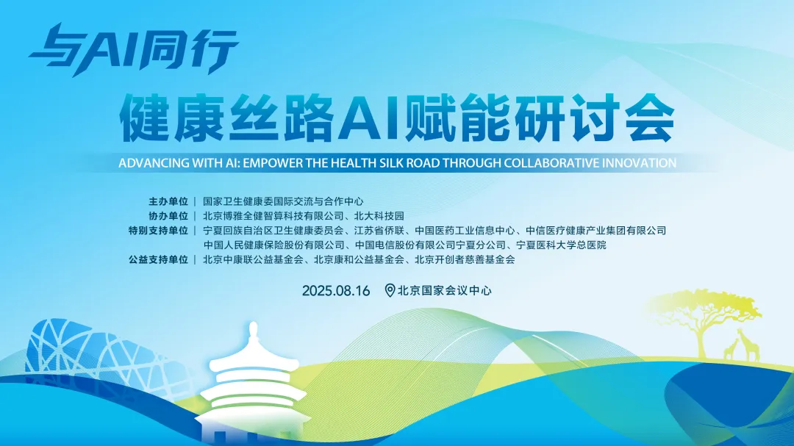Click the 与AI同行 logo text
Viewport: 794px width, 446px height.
[x=134, y=49]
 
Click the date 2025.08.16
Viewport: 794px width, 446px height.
[x=336, y=290]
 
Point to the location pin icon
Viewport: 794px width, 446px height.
[x=390, y=290]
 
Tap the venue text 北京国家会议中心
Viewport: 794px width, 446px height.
[x=445, y=290]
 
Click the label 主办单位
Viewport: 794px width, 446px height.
[x=168, y=201]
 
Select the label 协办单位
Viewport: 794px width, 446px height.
[x=168, y=216]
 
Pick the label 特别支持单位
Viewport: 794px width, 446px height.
[x=158, y=231]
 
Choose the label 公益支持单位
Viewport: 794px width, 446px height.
[x=158, y=259]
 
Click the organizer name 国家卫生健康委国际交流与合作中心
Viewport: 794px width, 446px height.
[x=283, y=201]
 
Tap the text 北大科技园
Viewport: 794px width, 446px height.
[x=379, y=216]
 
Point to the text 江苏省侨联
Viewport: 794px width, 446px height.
[x=379, y=231]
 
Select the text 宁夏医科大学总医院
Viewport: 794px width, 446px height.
[x=561, y=245]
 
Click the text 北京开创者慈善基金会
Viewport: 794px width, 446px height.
[x=465, y=259]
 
